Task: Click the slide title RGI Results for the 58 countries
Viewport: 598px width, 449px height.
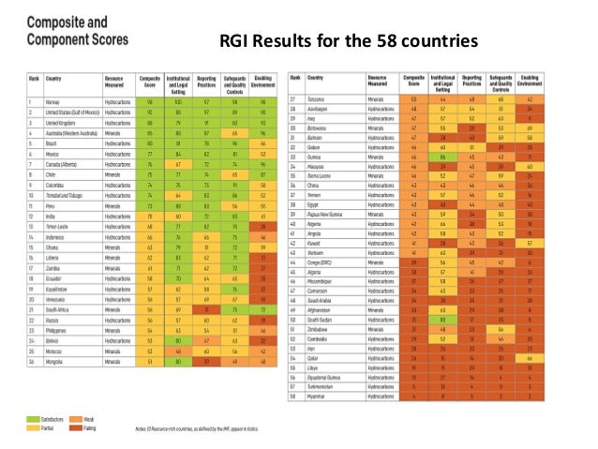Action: click(349, 42)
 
